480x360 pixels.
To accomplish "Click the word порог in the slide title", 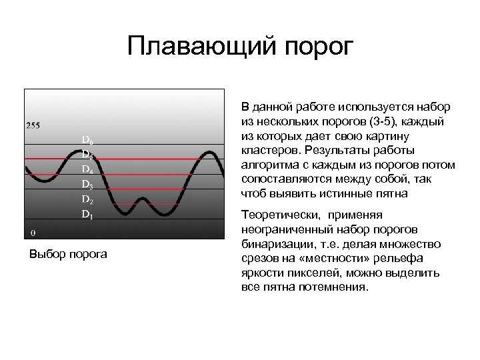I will coord(318,48).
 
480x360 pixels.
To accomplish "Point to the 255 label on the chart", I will coord(33,125).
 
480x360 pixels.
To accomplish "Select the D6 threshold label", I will coord(87,140).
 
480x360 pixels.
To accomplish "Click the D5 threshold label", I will coord(87,155).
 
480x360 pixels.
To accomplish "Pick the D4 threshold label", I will coord(87,169).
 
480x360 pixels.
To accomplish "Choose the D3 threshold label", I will coord(87,184).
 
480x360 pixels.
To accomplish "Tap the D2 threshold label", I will coord(87,199).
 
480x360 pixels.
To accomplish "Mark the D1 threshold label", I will coord(87,214).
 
